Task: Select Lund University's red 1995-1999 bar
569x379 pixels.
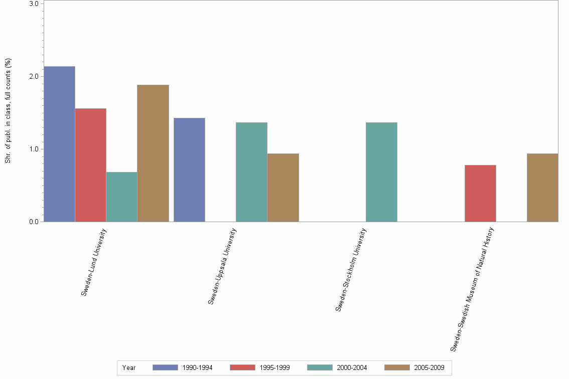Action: (x=90, y=165)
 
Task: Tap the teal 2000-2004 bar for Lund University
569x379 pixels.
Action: (x=121, y=197)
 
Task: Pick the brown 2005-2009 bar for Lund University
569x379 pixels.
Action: (x=153, y=153)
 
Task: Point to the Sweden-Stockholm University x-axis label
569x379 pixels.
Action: (x=351, y=270)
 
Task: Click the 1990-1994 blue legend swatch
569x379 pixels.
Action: (x=165, y=367)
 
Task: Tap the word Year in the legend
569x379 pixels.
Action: (x=129, y=368)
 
